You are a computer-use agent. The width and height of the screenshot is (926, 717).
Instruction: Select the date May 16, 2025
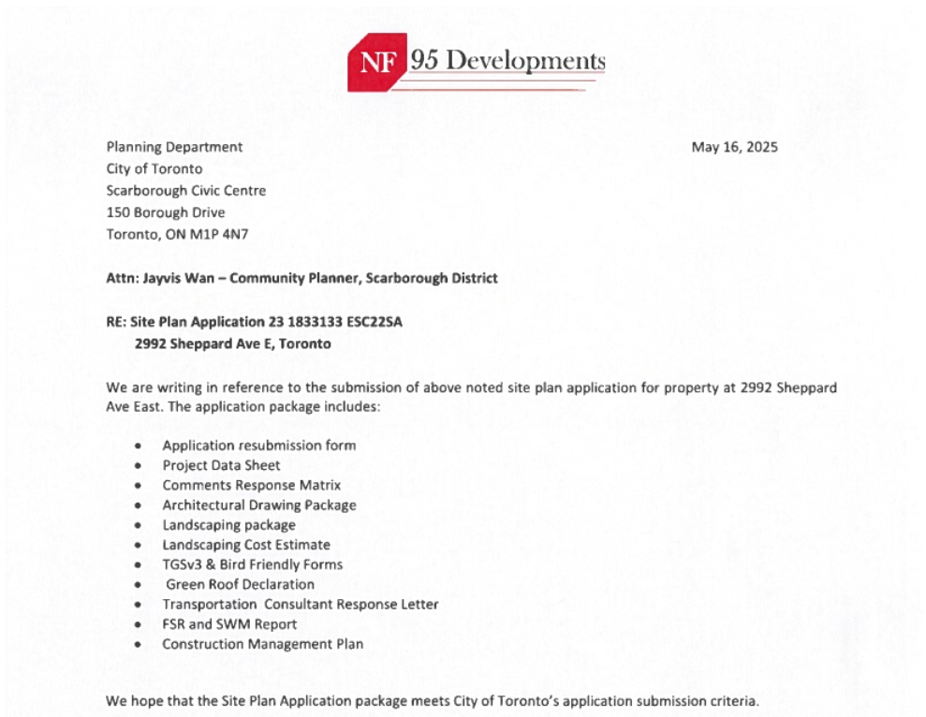point(734,147)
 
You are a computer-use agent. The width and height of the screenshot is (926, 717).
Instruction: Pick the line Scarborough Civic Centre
point(186,191)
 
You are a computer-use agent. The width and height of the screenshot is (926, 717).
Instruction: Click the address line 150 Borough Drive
point(166,212)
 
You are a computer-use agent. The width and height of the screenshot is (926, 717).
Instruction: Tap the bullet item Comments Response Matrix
point(251,486)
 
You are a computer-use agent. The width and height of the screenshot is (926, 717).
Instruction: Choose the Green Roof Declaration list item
point(240,585)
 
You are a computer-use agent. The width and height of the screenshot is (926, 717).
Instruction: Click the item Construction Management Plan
point(262,644)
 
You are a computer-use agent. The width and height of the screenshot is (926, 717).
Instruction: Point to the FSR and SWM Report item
point(229,624)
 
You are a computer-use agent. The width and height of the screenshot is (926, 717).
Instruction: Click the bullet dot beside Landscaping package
point(139,526)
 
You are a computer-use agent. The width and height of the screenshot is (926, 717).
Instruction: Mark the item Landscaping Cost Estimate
point(246,545)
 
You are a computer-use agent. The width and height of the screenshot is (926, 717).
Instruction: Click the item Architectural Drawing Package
point(258,505)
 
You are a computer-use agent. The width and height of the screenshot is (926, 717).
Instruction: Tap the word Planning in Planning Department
point(133,147)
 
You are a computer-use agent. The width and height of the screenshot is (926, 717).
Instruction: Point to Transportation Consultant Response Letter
point(300,605)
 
